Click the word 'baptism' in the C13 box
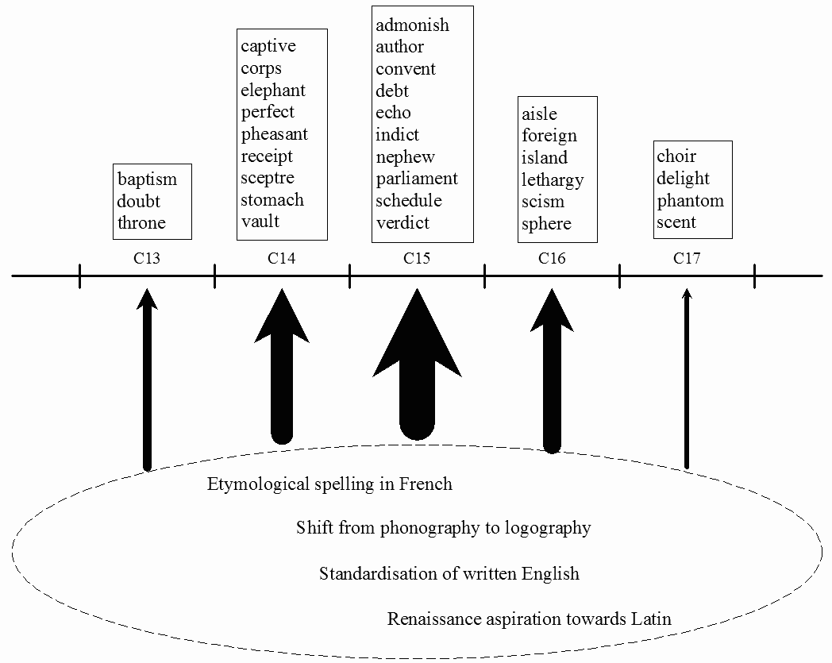click(147, 179)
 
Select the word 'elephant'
click(273, 91)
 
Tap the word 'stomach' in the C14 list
click(272, 199)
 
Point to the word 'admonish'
click(412, 25)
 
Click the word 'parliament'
click(417, 179)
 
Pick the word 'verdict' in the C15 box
click(403, 223)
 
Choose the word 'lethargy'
click(553, 180)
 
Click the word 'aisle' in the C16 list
click(539, 114)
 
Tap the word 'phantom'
click(690, 201)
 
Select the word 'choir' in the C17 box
click(676, 156)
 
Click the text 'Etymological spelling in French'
click(329, 484)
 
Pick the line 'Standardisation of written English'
click(449, 573)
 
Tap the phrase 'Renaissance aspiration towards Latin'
click(530, 619)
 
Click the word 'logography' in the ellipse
click(545, 528)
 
